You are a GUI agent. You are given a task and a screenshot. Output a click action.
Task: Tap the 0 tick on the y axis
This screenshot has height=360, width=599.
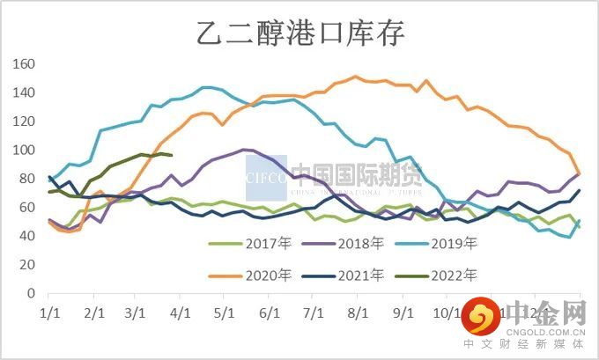(x=31, y=292)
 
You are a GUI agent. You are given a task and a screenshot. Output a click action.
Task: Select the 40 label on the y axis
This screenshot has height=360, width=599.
(x=26, y=235)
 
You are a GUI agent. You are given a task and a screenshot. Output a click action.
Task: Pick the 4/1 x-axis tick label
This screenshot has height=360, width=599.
(x=180, y=312)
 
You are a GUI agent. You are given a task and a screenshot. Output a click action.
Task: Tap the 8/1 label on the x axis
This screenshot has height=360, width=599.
(x=358, y=312)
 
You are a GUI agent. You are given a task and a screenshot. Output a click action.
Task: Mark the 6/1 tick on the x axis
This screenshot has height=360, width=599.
(x=269, y=312)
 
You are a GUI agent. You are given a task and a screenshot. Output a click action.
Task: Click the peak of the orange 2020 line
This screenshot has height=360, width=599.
(x=355, y=77)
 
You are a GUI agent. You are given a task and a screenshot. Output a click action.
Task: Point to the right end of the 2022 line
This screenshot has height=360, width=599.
(x=171, y=156)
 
